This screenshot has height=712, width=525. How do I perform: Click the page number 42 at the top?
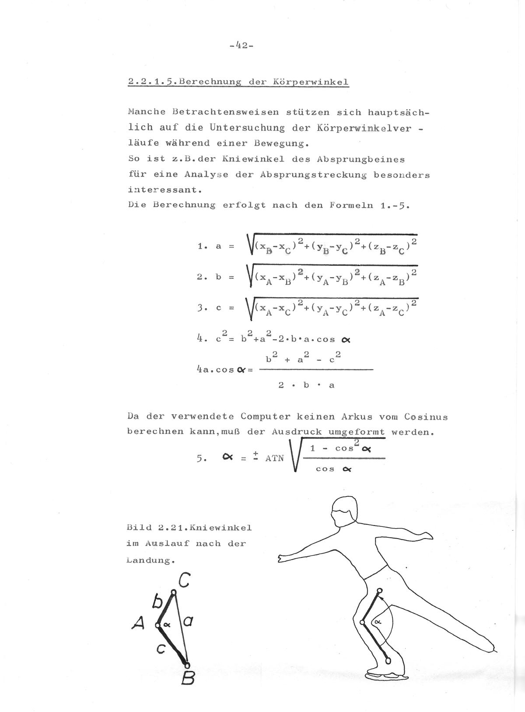pos(241,45)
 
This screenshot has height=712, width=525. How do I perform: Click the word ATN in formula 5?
pos(274,458)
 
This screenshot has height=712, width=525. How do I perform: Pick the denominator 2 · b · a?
pos(307,385)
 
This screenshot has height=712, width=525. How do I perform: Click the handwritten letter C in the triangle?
pos(184,581)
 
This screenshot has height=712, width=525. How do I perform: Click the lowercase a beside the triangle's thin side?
pos(188,620)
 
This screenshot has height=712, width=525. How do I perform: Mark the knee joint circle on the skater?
pos(362,622)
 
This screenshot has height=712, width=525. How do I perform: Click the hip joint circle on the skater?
pos(379,591)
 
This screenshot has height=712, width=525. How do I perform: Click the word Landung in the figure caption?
pos(149,560)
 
